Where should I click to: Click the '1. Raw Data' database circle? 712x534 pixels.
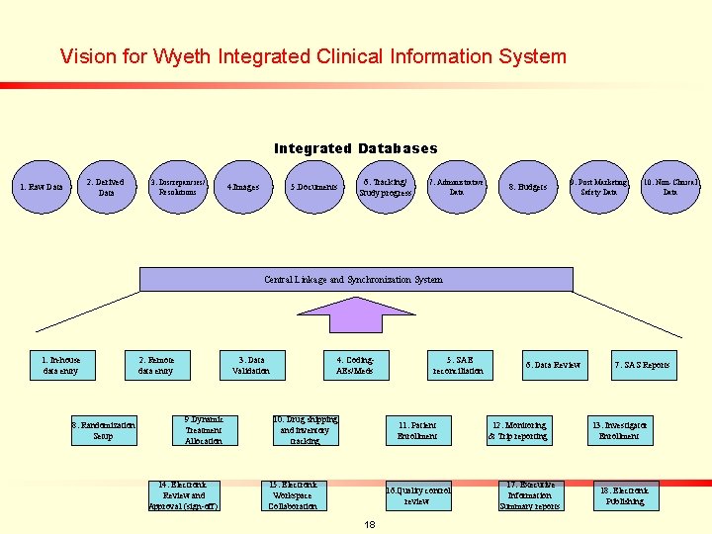[x=44, y=187]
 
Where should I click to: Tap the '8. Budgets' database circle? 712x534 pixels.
[x=527, y=187]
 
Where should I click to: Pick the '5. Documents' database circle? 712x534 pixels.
[x=313, y=187]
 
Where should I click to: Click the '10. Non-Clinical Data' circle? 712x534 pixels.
[x=670, y=187]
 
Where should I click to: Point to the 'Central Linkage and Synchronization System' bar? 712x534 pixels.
[x=353, y=280]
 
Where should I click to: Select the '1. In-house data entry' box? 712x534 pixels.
[x=61, y=365]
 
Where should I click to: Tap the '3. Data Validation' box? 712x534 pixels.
[x=252, y=365]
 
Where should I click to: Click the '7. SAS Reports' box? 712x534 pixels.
[x=642, y=365]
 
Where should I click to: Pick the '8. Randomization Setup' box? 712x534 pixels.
[x=104, y=430]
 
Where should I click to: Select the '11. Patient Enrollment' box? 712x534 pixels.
[x=417, y=430]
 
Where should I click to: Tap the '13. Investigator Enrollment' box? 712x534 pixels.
[x=620, y=430]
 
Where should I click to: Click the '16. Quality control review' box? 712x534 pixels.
[x=417, y=495]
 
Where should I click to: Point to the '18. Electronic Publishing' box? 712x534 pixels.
[x=625, y=495]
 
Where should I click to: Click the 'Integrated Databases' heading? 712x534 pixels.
[x=355, y=148]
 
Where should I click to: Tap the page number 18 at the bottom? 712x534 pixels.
[x=369, y=523]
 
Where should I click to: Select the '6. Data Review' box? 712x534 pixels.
[x=553, y=365]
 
